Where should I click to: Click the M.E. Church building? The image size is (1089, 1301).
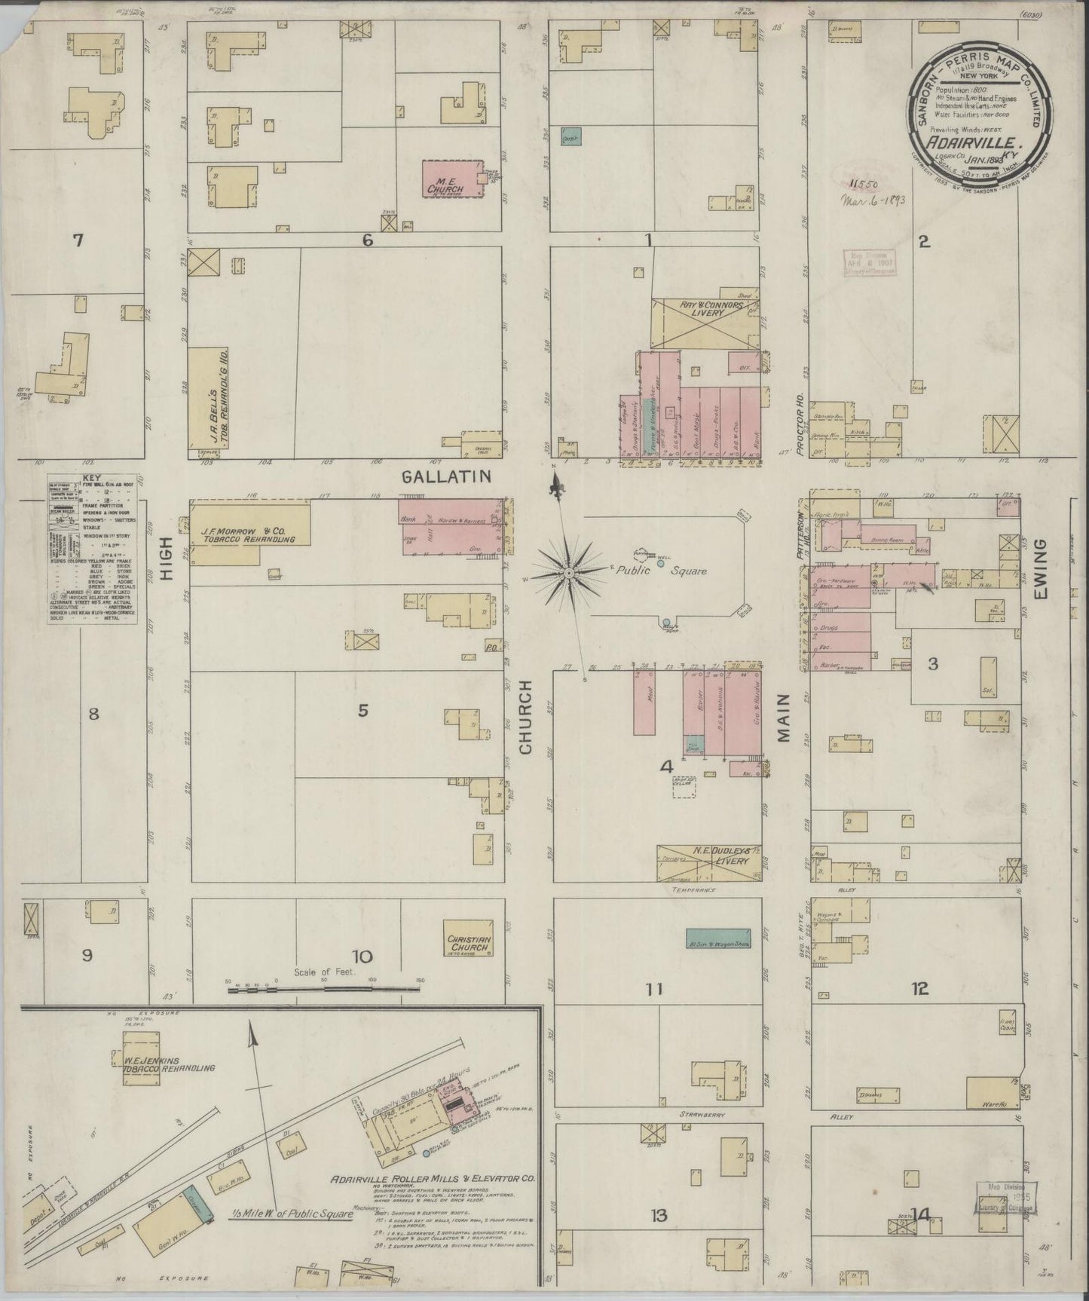[x=450, y=179]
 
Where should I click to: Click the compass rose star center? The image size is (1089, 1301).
[x=570, y=574]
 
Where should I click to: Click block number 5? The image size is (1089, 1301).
[x=362, y=709]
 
